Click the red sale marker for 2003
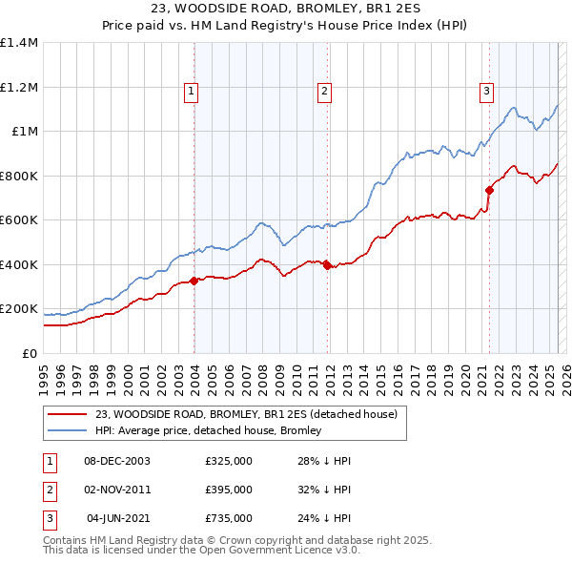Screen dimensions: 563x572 pos(194,281)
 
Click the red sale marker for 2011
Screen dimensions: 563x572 pos(326,265)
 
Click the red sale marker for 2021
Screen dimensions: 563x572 pos(489,190)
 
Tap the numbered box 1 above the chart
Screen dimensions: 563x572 pos(192,92)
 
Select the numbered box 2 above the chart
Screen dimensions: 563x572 pos(324,92)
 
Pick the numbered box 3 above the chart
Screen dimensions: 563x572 pos(486,92)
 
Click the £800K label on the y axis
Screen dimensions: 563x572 pos(19,176)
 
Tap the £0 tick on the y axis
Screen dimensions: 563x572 pos(29,353)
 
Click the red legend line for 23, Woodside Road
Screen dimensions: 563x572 pos(67,415)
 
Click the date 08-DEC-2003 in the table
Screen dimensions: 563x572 pos(117,461)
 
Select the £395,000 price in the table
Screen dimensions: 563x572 pos(229,490)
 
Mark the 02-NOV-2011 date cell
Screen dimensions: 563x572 pos(117,490)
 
